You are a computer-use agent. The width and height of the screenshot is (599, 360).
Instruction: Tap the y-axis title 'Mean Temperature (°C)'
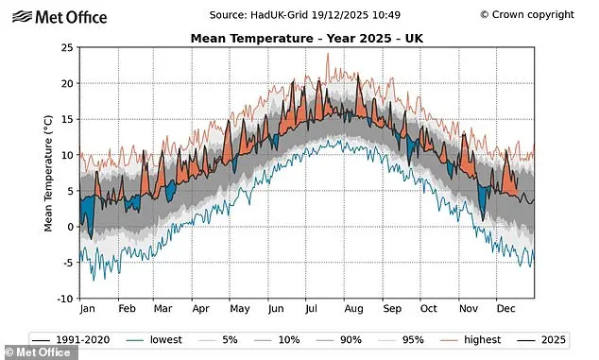(47, 174)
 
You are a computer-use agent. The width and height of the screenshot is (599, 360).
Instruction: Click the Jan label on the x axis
(87, 308)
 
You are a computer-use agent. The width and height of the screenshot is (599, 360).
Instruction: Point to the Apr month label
(200, 308)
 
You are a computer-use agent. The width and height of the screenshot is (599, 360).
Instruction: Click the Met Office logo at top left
(60, 15)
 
